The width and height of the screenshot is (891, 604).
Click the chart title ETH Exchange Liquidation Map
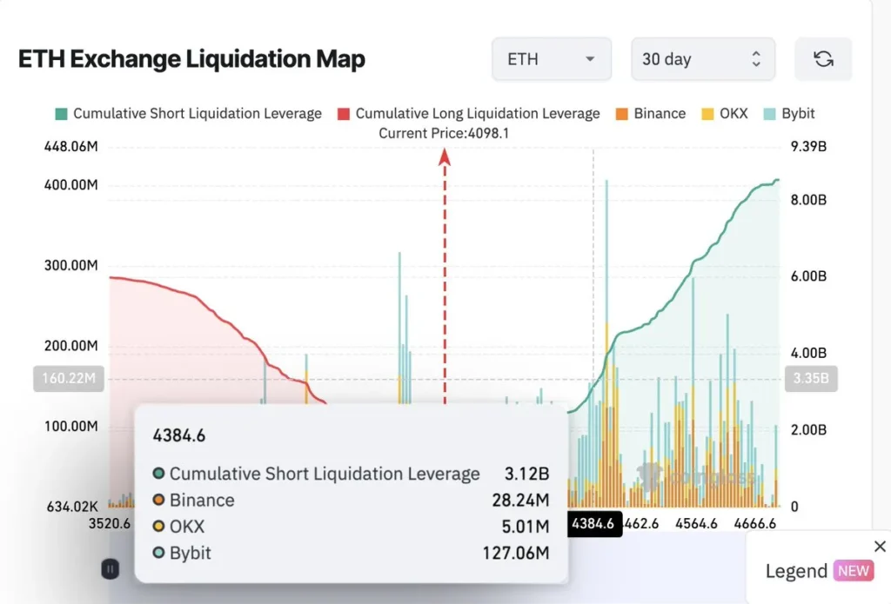[x=191, y=59]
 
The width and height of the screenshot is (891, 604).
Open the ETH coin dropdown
[x=552, y=59]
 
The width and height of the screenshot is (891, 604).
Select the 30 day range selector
[x=702, y=59]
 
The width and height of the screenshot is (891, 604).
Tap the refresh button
[x=823, y=59]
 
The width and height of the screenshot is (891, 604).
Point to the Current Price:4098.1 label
[x=444, y=134]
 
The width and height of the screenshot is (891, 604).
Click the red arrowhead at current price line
[x=445, y=156]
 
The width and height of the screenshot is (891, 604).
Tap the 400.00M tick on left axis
[x=70, y=185]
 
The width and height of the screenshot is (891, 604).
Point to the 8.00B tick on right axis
[x=807, y=200]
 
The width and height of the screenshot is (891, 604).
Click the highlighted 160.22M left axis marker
[x=68, y=379]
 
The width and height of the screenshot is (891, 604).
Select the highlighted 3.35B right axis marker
[x=810, y=379]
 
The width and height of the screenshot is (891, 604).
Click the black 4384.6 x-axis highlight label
[x=594, y=524]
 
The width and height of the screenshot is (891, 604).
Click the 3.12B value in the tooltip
[x=528, y=474]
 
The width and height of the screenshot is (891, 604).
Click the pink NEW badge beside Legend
[x=854, y=571]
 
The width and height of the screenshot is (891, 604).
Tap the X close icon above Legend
[x=879, y=547]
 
